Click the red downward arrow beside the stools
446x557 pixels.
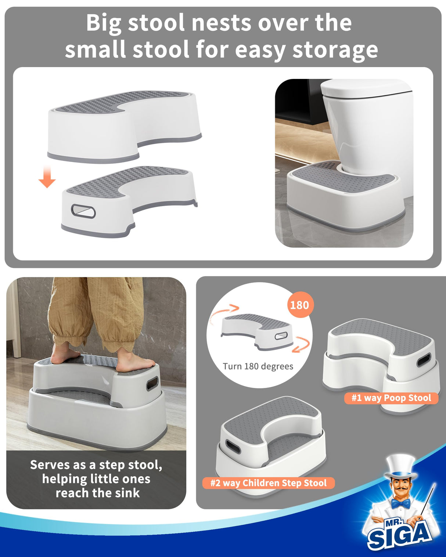47,177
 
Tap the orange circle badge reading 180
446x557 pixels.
300,305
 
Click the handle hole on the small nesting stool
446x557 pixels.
83,211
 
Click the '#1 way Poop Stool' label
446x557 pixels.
391,398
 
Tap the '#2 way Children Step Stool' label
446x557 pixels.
268,483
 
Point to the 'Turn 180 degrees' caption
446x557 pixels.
258,366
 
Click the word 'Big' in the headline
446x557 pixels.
104,23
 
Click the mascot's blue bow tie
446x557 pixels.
400,503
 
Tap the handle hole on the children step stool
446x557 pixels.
232,447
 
